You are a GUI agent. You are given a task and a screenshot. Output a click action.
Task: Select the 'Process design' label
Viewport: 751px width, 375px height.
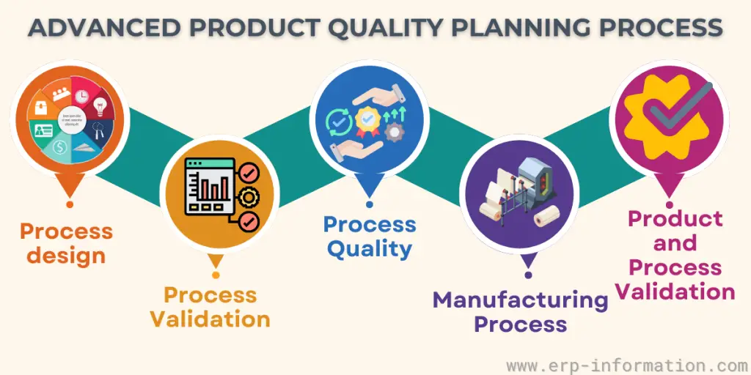pos(67,243)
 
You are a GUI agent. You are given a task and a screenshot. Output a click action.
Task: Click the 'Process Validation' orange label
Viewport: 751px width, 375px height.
pos(210,307)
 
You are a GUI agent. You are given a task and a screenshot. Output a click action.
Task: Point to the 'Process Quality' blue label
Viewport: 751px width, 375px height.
pos(370,236)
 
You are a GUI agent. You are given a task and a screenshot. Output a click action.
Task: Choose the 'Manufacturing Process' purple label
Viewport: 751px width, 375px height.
pos(520,311)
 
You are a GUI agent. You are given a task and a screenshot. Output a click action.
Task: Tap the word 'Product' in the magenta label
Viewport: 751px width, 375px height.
pos(675,218)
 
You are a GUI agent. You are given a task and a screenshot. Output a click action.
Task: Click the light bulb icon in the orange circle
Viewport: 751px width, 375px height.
pos(99,108)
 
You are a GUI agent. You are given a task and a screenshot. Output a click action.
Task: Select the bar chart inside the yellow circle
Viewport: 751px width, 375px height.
pos(213,189)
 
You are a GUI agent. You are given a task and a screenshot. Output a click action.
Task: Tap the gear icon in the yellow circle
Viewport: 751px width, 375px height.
pos(249,196)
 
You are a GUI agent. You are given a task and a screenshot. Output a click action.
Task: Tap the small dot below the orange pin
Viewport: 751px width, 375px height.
pos(70,204)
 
